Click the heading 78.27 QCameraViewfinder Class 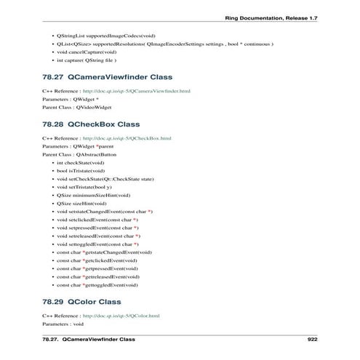click(107, 76)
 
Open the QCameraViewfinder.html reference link click(127, 91)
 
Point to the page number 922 click(313, 339)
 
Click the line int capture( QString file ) click(86, 61)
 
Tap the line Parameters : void click(64, 324)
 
